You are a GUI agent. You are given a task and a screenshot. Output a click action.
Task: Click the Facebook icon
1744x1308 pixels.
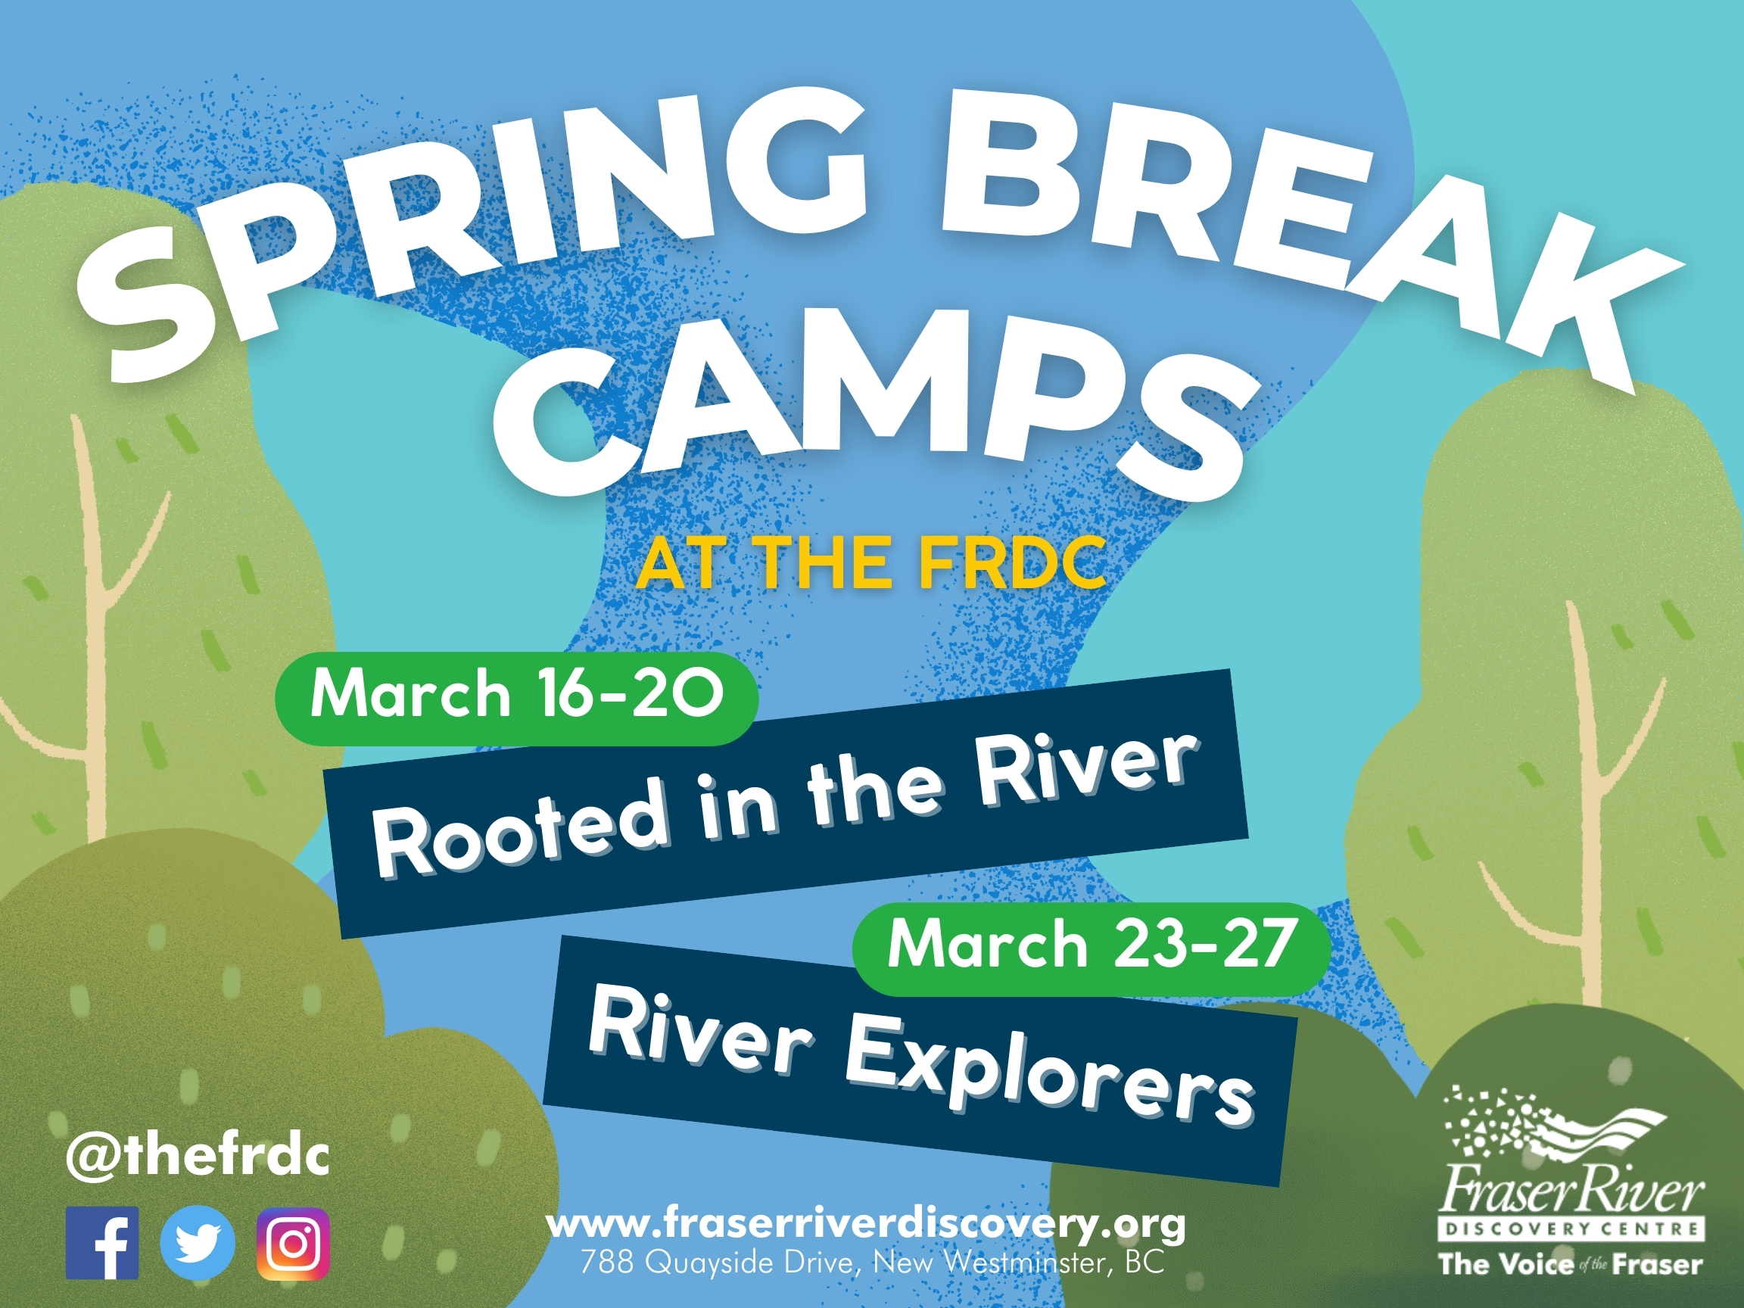point(102,1243)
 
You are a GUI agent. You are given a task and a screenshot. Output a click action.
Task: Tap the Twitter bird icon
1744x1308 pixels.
point(198,1243)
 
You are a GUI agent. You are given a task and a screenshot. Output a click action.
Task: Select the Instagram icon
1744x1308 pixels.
point(293,1244)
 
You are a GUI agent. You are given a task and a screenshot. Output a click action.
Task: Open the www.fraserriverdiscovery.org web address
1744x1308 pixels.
point(866,1225)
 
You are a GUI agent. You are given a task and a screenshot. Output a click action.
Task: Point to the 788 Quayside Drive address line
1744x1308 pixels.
point(872,1263)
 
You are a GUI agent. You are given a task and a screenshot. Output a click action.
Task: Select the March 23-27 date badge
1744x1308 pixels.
point(1092,945)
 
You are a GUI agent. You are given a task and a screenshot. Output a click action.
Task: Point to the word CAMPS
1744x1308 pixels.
point(875,418)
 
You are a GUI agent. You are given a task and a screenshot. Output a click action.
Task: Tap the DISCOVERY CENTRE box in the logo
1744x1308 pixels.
point(1572,1229)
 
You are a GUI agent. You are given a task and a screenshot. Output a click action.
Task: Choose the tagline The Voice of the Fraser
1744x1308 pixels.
point(1571,1265)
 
